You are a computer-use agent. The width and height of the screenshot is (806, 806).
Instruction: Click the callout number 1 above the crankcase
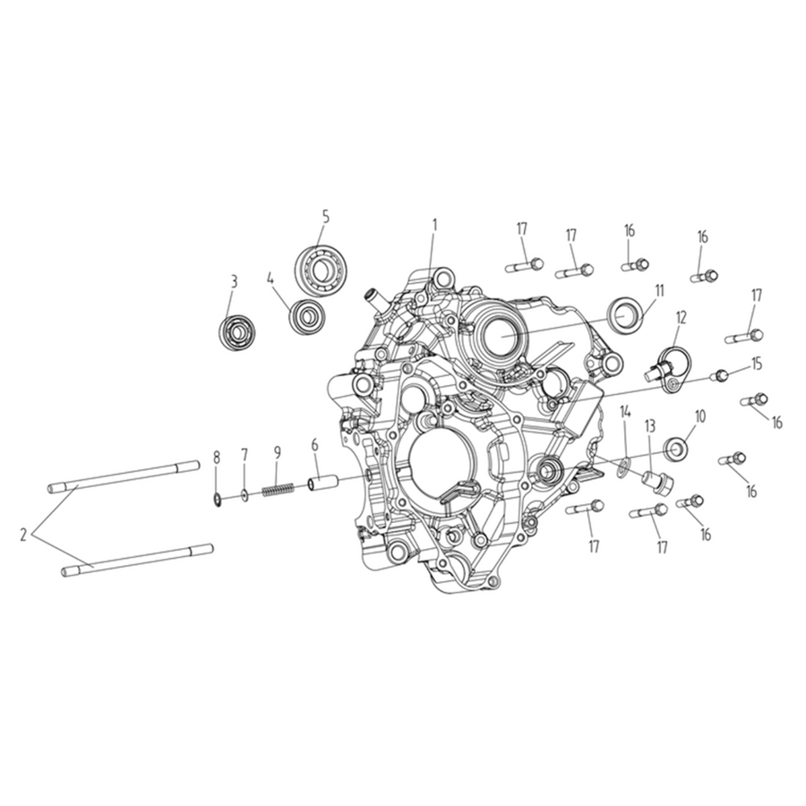point(434,225)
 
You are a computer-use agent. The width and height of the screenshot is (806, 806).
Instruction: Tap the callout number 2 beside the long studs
point(23,535)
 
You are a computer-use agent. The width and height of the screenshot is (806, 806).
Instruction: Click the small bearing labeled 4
point(306,314)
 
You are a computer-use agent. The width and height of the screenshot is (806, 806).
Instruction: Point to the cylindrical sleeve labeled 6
point(322,484)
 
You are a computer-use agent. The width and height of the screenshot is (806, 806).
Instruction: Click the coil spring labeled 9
point(278,490)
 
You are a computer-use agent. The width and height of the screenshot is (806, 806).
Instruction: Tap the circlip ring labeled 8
point(218,498)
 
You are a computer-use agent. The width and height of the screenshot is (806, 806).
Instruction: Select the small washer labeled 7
point(244,495)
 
